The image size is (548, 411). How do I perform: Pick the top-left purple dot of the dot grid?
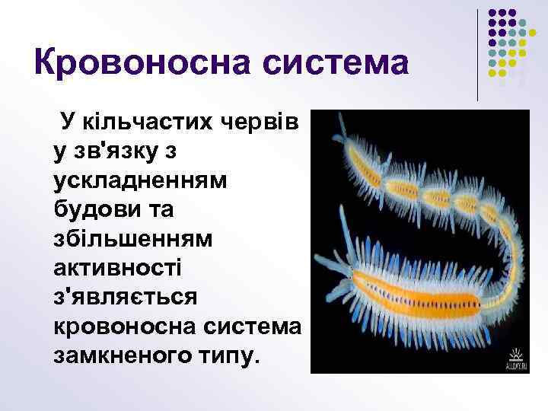(x=492, y=13)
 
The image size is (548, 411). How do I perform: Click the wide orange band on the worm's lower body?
(x=426, y=289)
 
